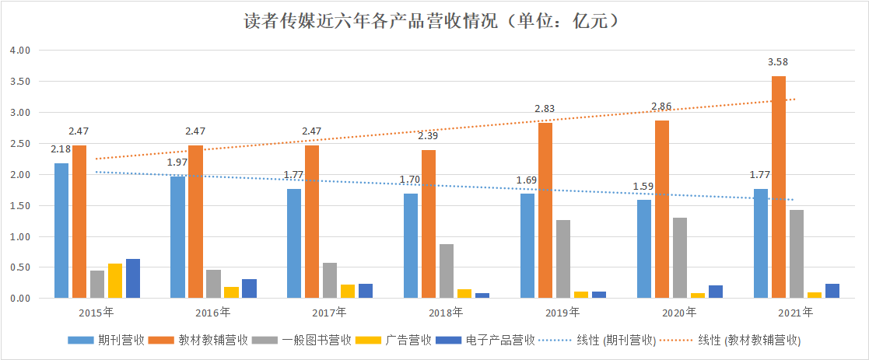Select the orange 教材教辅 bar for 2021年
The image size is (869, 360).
[779, 187]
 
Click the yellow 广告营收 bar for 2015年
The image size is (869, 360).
[115, 281]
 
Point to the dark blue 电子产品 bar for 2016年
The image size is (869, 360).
[249, 288]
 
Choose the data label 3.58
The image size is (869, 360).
[779, 62]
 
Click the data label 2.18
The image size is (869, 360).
[61, 149]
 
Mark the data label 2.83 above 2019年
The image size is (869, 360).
[545, 108]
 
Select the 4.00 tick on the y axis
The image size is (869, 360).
[19, 51]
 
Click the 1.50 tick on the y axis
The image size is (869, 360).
[19, 206]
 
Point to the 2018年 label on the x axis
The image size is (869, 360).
[447, 313]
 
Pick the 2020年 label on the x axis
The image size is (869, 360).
[679, 313]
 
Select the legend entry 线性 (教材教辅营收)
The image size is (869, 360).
[749, 341]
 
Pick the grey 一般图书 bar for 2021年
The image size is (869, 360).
[797, 254]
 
